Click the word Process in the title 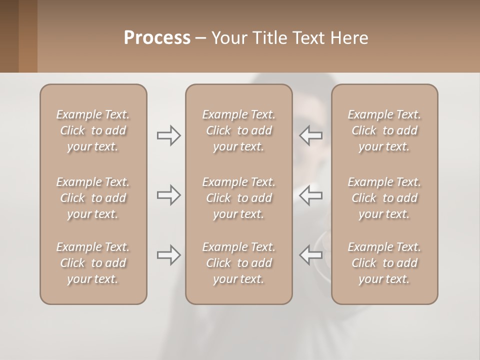coord(157,38)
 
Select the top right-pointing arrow coord(168,135)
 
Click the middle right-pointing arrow coord(168,195)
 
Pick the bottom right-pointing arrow coord(168,255)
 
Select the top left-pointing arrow coord(311,135)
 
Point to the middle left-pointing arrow coord(311,195)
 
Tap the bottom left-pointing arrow coord(311,255)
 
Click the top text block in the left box coord(93,130)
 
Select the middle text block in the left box coord(93,198)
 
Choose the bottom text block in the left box coord(93,263)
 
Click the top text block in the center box coord(239,130)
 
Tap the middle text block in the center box coord(239,198)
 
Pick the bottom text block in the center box coord(239,263)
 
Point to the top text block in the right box coord(384,130)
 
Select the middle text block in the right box coord(384,198)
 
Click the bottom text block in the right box coord(384,263)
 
